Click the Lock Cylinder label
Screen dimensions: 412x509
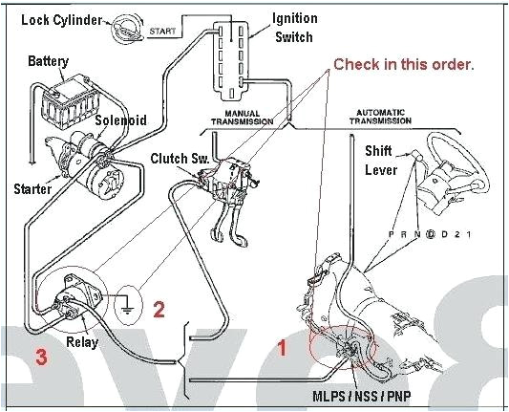click(x=61, y=20)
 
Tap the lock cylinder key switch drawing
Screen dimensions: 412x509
click(x=126, y=27)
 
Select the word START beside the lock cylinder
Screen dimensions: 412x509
click(x=163, y=32)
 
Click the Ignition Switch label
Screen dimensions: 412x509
click(x=296, y=27)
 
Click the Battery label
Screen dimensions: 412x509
click(x=48, y=61)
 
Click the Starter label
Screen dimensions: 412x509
click(x=32, y=189)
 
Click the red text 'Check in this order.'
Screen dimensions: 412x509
click(x=402, y=64)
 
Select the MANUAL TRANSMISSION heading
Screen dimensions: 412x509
click(x=241, y=118)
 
